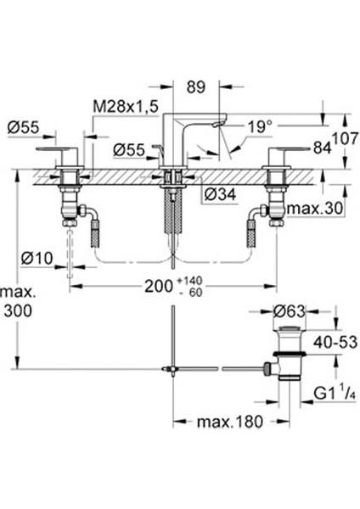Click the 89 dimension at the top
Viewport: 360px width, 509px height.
[196, 87]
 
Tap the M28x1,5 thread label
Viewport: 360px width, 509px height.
[126, 106]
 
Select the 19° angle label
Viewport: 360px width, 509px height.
[261, 126]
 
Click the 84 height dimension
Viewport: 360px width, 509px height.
[323, 148]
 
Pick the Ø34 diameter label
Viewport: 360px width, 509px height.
[220, 194]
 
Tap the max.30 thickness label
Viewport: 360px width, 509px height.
[316, 209]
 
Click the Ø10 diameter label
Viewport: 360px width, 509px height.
[37, 259]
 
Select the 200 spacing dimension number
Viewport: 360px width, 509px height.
[159, 287]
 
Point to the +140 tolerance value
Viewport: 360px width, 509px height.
[190, 280]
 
